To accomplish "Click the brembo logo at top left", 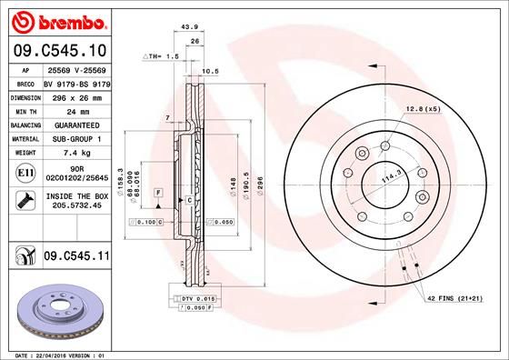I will point(56,21).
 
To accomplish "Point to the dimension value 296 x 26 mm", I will point(74,95).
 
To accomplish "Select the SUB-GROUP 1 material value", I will point(73,139).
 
